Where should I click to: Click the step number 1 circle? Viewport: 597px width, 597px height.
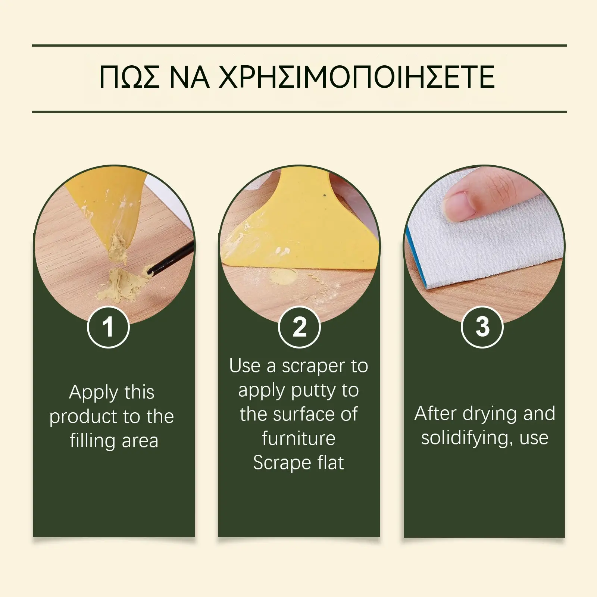pos(108,327)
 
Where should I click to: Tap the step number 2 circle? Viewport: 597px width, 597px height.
pos(299,327)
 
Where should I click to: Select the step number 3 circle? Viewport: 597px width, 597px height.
pos(482,327)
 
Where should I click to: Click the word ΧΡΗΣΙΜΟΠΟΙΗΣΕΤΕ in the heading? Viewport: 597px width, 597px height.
pos(357,77)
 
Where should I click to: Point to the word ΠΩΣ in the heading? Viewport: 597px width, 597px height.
pos(129,77)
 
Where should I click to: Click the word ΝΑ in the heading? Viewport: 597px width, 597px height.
pos(189,77)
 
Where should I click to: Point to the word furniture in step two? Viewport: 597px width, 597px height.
pos(298,438)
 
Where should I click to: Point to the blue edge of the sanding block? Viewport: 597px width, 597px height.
pos(418,257)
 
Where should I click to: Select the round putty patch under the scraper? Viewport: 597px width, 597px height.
pos(284,277)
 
